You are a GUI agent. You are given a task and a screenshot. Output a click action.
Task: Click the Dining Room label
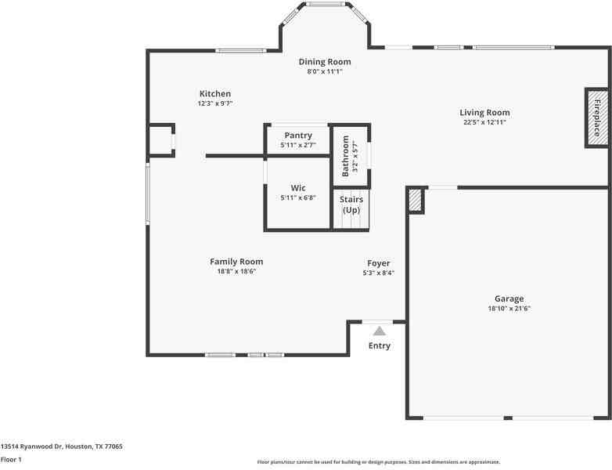coord(325,62)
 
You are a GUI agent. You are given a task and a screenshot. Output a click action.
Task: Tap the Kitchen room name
coord(214,94)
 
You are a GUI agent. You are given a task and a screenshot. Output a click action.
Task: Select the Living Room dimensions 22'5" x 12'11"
coord(484,122)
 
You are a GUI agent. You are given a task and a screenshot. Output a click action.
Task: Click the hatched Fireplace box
coord(596,117)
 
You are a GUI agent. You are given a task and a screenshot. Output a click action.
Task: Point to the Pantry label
coord(298,136)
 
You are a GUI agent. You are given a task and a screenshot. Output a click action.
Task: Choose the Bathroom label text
coord(345,156)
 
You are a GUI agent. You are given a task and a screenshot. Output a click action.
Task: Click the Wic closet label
coord(298,188)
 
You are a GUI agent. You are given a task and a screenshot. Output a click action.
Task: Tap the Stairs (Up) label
coord(351,204)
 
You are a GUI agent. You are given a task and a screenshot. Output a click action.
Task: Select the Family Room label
coord(236,262)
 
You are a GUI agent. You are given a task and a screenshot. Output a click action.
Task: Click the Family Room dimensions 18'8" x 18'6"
coord(236,271)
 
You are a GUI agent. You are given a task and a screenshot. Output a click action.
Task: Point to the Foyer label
coord(379,263)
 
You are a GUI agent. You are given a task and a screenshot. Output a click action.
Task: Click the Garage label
coord(509,298)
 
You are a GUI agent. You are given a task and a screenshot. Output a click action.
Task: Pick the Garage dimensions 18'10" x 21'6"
coord(509,309)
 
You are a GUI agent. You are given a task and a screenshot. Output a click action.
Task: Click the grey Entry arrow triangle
coord(380,331)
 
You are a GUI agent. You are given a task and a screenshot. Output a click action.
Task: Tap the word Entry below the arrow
coord(380,345)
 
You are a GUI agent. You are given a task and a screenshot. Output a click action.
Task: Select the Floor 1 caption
coord(11,459)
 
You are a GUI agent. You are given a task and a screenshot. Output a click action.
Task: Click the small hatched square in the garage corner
coord(415,201)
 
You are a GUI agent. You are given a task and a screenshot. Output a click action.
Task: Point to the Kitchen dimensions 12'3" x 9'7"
coord(214,103)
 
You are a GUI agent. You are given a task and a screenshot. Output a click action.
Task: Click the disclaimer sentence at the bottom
coord(379,462)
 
